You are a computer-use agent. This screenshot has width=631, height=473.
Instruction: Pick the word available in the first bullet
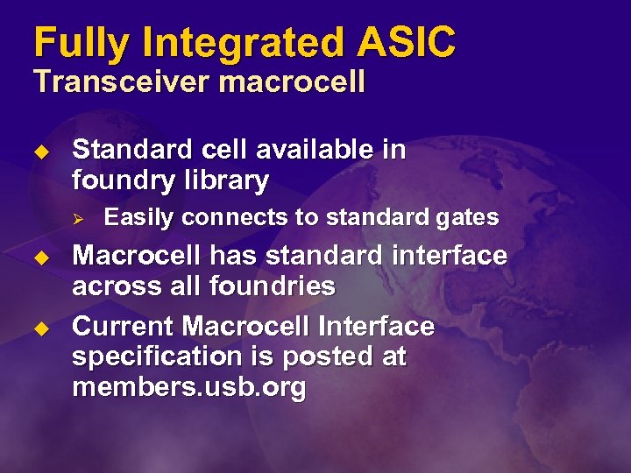tap(315, 150)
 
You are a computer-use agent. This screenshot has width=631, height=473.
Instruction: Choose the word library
tap(225, 180)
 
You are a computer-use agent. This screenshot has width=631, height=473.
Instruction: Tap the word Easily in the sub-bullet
tap(138, 217)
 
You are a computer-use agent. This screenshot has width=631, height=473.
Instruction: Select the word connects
tap(230, 217)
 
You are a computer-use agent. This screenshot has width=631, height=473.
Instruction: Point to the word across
tap(115, 286)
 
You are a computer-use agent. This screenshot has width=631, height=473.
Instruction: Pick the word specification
tap(154, 357)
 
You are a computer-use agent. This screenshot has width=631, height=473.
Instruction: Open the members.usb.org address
tap(189, 388)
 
